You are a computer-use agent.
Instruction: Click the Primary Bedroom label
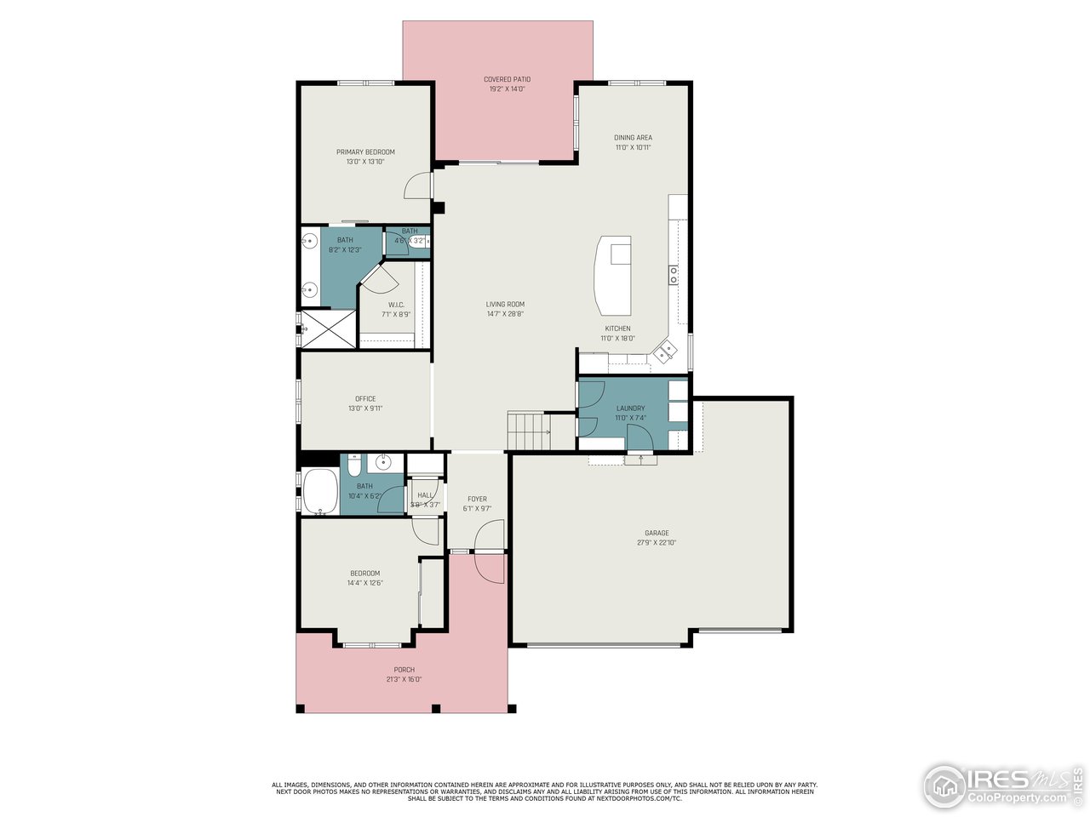(x=365, y=152)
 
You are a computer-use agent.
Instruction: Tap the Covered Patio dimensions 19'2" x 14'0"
(x=507, y=89)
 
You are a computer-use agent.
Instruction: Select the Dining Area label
(x=633, y=138)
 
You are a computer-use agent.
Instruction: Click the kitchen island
(x=615, y=275)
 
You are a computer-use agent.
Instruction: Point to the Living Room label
(x=505, y=305)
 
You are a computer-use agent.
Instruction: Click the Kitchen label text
(x=617, y=329)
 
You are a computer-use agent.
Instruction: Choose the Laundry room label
(x=630, y=408)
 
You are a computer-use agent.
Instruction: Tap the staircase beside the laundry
(x=529, y=431)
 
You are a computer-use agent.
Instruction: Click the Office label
(x=365, y=399)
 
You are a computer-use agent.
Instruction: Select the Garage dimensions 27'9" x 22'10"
(x=657, y=543)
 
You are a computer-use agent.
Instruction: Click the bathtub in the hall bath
(x=320, y=491)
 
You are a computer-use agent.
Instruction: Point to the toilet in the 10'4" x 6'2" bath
(x=354, y=465)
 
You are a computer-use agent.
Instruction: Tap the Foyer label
(x=477, y=500)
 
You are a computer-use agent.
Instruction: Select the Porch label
(x=404, y=670)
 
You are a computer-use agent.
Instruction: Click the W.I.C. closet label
(x=396, y=305)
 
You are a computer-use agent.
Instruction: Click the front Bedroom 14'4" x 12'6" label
(x=364, y=574)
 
